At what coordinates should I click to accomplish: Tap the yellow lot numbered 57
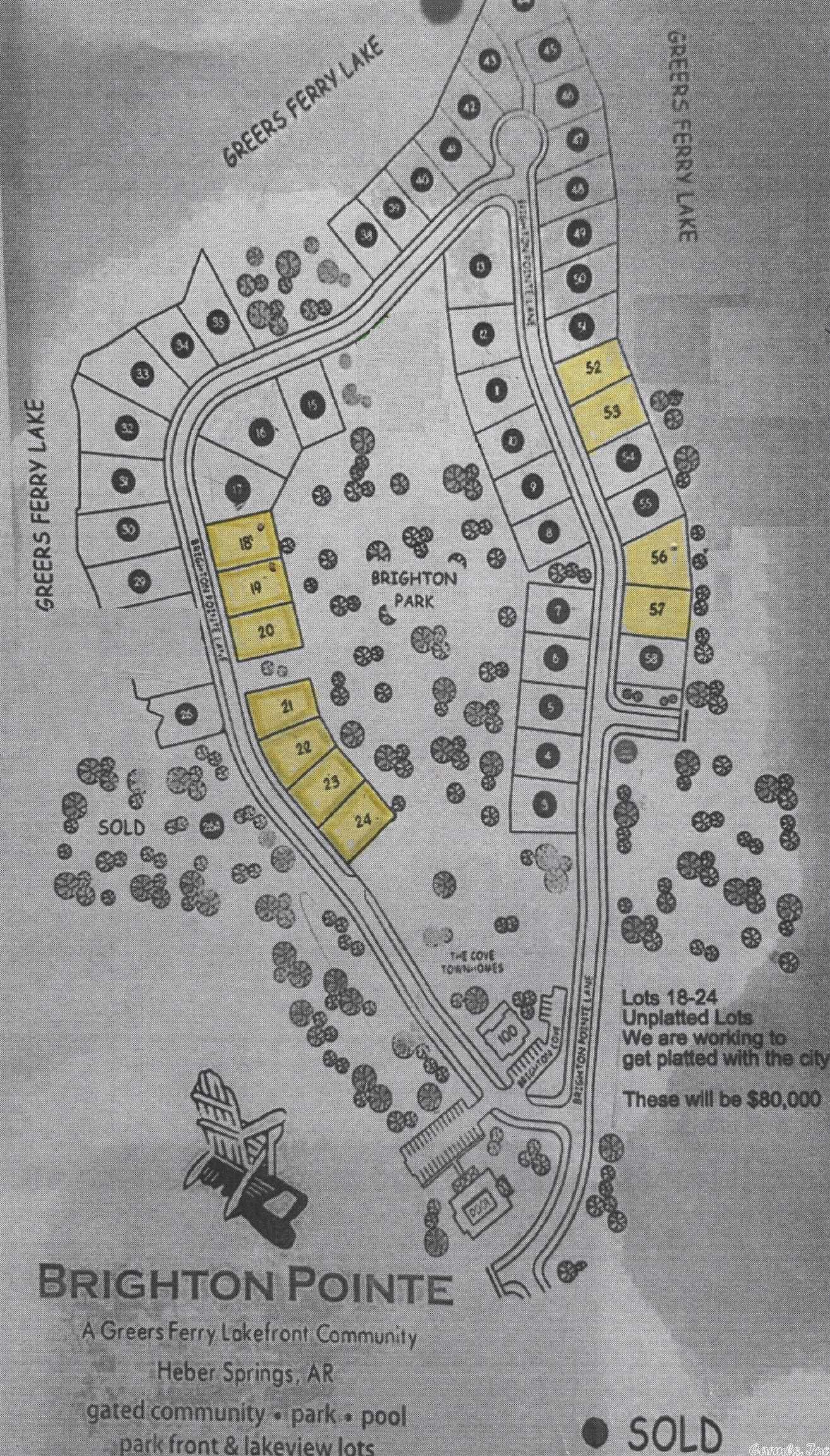tap(657, 610)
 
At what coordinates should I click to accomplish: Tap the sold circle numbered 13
tap(482, 267)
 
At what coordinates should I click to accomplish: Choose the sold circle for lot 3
tap(545, 805)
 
